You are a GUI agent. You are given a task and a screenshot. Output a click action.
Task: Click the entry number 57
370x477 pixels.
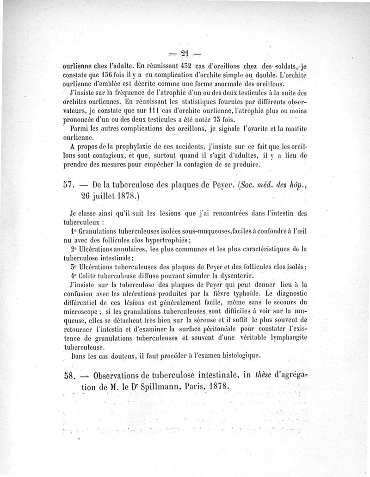[68, 185]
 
